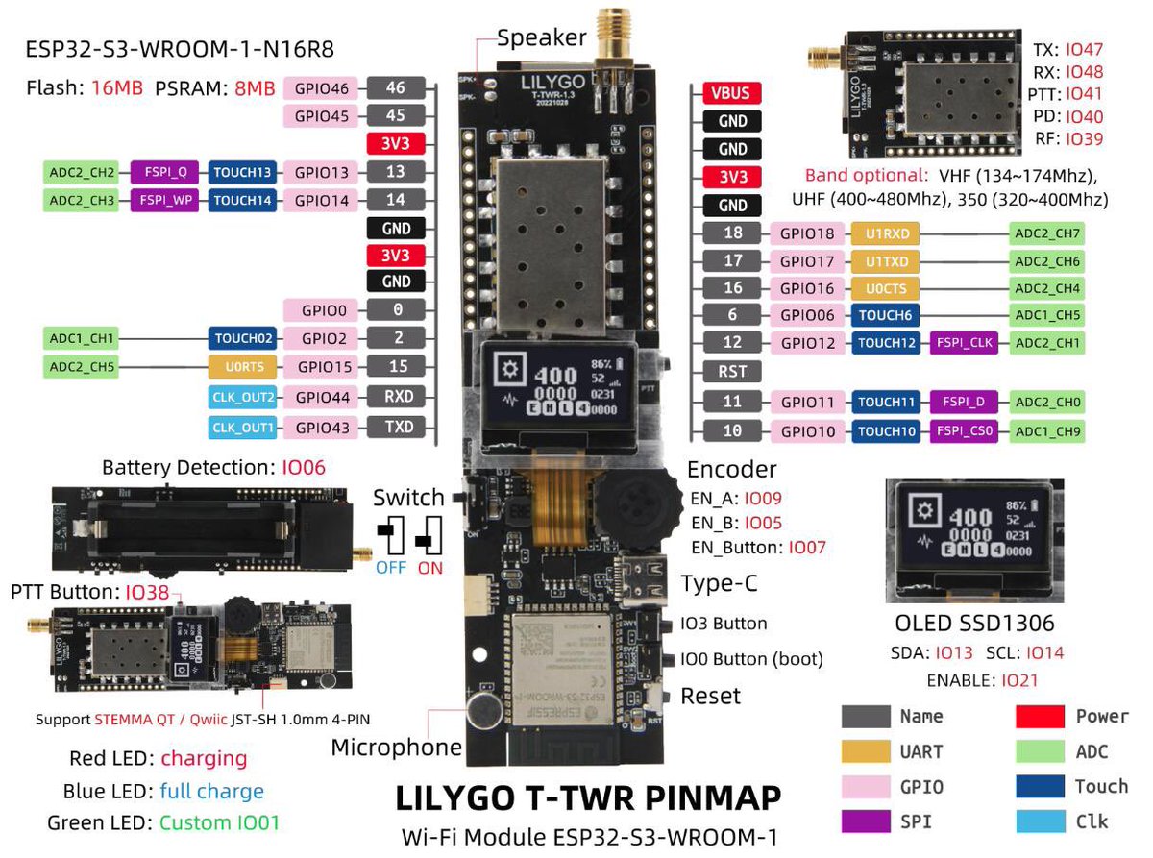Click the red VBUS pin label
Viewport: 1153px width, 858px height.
732,93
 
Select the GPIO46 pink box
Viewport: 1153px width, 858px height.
322,89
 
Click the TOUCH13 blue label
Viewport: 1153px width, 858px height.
242,173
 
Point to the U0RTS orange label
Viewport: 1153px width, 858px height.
244,366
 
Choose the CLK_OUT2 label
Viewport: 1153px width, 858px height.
243,398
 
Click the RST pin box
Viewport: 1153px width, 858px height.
732,372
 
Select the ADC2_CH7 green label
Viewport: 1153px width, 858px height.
1046,233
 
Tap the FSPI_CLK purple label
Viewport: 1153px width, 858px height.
964,342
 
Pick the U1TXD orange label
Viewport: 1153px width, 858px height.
885,261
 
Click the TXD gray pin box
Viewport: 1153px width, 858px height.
396,428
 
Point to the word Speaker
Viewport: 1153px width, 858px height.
541,37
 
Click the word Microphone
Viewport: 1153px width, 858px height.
396,748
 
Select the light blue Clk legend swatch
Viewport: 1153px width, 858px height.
1040,821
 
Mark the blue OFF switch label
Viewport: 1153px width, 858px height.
391,567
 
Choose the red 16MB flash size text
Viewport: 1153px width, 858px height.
117,88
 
